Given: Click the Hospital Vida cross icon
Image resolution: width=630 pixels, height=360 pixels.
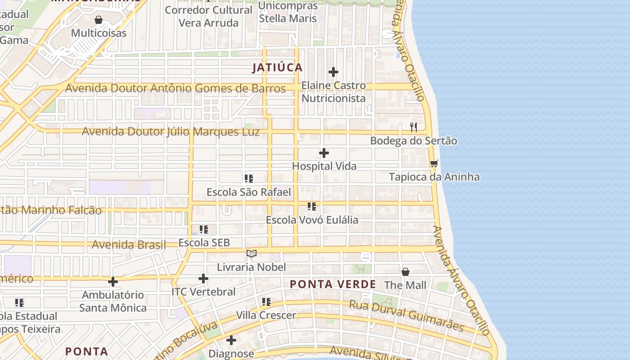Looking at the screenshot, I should (x=324, y=153).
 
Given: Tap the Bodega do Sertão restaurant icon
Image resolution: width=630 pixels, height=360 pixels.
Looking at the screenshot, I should (x=414, y=127).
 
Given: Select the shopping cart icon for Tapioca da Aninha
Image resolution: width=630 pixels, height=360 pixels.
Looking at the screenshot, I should (x=434, y=163).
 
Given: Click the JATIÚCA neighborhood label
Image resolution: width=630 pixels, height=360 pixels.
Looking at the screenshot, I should (x=277, y=67).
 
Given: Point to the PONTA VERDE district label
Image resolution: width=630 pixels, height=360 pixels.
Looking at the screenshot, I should (x=333, y=284).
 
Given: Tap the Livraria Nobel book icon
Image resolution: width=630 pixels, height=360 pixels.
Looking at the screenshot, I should (x=252, y=254).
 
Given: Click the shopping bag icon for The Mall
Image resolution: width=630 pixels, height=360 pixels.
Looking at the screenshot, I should (x=405, y=272).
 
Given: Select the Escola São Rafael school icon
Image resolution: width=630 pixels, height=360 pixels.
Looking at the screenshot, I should (x=249, y=179).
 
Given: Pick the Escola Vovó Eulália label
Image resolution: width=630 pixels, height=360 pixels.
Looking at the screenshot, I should (x=312, y=220).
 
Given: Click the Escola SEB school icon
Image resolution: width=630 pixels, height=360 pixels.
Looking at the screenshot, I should (x=204, y=229).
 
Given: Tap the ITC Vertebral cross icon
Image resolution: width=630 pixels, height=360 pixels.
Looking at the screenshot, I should (x=203, y=279).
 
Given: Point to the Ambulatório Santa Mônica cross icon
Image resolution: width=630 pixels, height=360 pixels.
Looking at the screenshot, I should (x=113, y=282).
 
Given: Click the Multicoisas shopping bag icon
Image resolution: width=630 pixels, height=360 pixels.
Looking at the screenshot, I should (x=99, y=20).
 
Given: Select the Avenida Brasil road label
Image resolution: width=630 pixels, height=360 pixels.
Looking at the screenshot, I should (x=129, y=245).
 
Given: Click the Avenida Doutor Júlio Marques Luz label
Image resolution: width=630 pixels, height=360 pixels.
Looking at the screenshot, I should (x=171, y=132).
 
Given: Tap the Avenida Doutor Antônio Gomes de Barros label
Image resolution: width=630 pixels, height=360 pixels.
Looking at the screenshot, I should (x=175, y=88).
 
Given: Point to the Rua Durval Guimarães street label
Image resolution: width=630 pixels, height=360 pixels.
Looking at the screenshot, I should (x=406, y=316).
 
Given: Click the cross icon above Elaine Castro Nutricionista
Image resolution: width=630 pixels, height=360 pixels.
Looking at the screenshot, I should (x=333, y=72).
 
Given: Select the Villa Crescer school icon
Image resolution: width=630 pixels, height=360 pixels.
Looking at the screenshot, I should (x=266, y=301).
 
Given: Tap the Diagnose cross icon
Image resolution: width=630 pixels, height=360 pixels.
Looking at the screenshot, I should (x=231, y=340).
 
